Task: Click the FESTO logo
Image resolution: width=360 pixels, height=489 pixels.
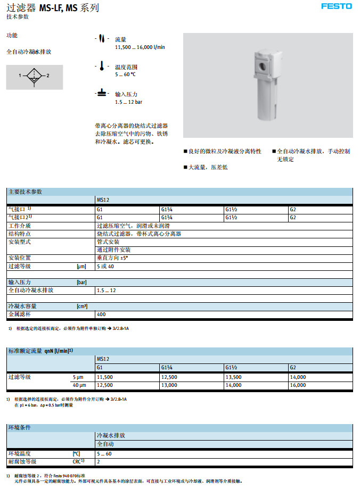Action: pyautogui.click(x=337, y=6)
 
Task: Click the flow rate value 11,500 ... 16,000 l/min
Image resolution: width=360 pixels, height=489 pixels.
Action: pyautogui.click(x=140, y=47)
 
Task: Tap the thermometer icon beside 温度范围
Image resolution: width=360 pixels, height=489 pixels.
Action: pyautogui.click(x=101, y=67)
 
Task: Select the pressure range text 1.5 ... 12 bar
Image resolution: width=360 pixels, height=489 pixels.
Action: pyautogui.click(x=128, y=102)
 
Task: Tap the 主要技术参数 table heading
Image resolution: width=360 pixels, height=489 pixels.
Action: pyautogui.click(x=25, y=192)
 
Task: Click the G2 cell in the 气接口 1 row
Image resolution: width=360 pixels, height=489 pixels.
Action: pyautogui.click(x=293, y=209)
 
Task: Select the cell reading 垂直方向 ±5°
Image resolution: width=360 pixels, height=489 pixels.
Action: pyautogui.click(x=112, y=258)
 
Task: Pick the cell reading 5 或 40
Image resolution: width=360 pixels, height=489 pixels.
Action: pyautogui.click(x=105, y=266)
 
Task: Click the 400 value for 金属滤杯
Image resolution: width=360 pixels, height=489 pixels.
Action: pyautogui.click(x=101, y=314)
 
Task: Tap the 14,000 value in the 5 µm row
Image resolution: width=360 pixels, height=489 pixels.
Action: pyautogui.click(x=298, y=377)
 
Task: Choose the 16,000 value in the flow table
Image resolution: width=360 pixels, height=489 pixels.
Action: pyautogui.click(x=298, y=385)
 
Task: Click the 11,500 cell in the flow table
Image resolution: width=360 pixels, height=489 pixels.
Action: pyautogui.click(x=105, y=377)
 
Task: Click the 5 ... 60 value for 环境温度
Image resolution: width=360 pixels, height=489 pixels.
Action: pyautogui.click(x=104, y=453)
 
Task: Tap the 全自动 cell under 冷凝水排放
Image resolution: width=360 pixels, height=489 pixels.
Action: pyautogui.click(x=105, y=443)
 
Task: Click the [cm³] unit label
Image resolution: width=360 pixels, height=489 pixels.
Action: pyautogui.click(x=82, y=306)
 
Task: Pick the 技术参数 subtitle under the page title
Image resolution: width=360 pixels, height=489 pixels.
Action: pyautogui.click(x=18, y=16)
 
